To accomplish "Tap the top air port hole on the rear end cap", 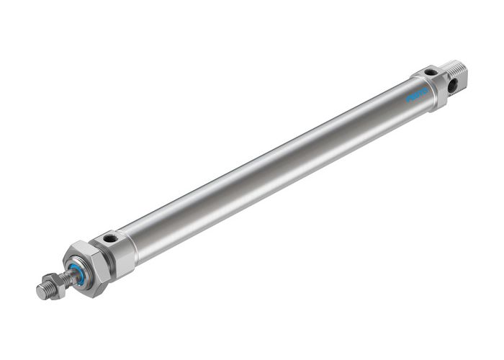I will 430,72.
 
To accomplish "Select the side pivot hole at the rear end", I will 454,86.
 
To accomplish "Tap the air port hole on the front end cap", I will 109,238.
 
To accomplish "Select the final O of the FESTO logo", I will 425,90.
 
